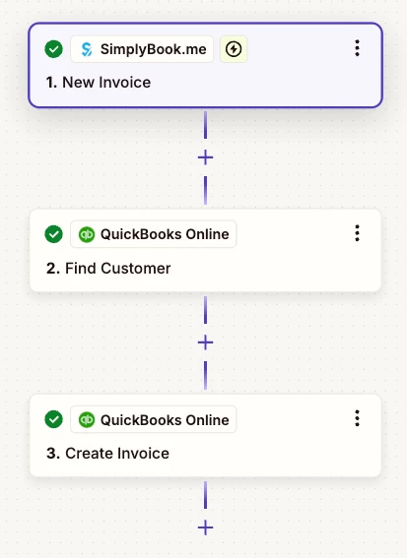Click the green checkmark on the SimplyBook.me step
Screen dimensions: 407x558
[x=54, y=49]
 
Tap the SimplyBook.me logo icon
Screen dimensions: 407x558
[x=87, y=49]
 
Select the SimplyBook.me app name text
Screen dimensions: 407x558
[x=154, y=49]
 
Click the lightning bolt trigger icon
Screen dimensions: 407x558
[x=234, y=49]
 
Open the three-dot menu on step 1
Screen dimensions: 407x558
[x=357, y=48]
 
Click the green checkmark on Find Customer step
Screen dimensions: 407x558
[x=54, y=234]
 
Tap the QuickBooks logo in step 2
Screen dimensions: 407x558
[x=87, y=234]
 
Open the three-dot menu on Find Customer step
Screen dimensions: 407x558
[x=357, y=233]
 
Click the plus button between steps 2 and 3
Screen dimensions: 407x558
[x=205, y=342]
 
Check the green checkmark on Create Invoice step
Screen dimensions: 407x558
[x=54, y=419]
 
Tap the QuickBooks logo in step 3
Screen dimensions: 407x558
[x=87, y=419]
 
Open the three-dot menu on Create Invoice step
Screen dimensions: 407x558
[x=357, y=418]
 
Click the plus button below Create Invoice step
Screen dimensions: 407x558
[x=205, y=527]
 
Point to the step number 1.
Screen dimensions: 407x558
[x=51, y=83]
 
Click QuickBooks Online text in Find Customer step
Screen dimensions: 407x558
[x=165, y=234]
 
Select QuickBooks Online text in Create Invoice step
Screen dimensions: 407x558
[x=165, y=420]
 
